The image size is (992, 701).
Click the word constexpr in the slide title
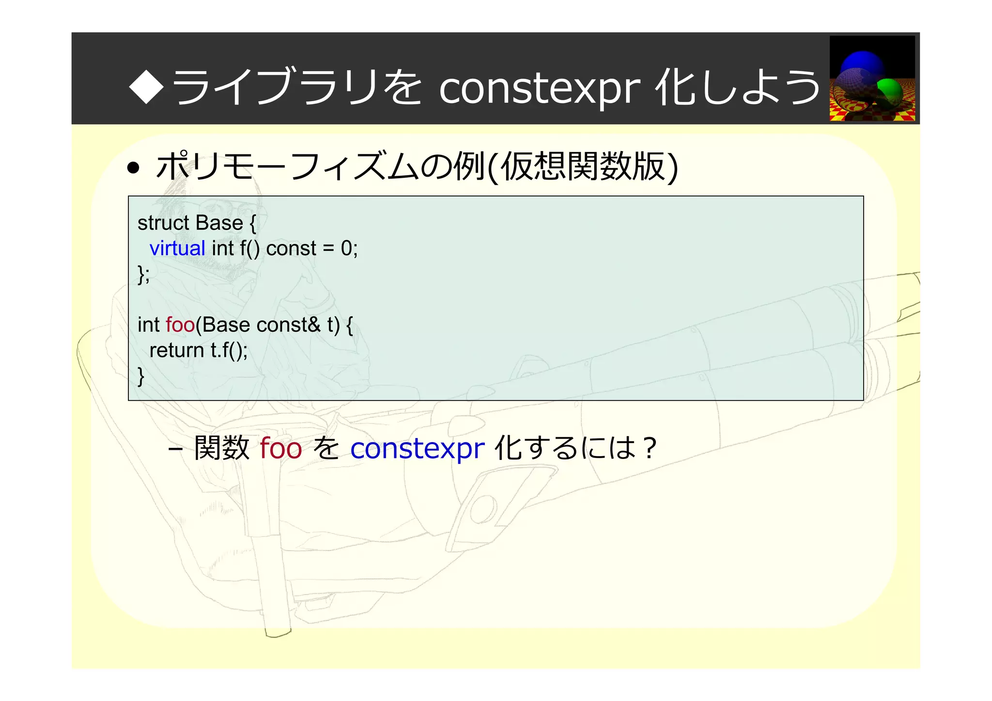540,89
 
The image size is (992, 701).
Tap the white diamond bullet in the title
146,87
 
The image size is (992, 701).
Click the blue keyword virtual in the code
177,248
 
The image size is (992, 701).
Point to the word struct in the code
163,223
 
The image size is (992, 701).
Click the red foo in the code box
180,325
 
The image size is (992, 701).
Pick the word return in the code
176,350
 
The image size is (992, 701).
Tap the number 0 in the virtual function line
346,248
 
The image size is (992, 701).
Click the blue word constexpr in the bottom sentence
417,448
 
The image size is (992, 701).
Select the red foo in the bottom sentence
280,448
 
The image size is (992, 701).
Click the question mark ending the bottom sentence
651,448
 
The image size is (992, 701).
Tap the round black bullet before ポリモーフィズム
133,168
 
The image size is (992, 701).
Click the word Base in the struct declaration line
219,223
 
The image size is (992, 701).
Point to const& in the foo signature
288,325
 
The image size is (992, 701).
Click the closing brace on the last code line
141,376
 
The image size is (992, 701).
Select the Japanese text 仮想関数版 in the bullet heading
583,167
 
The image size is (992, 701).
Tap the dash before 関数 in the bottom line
175,449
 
